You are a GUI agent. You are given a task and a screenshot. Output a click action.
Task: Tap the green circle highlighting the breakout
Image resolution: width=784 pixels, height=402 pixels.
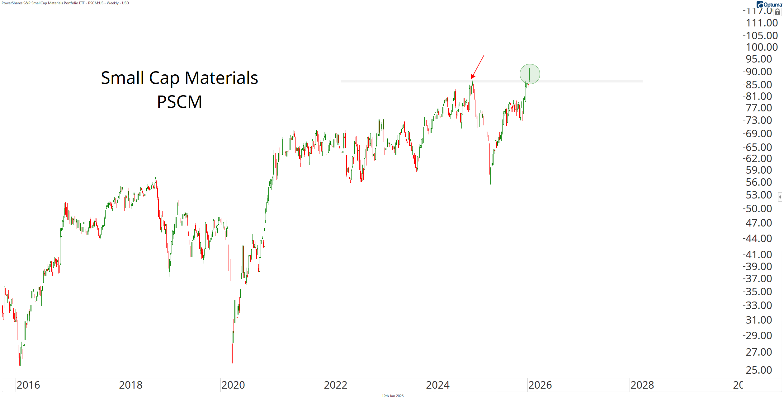click(x=530, y=74)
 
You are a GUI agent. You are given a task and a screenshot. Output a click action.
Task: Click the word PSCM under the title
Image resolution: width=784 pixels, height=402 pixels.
click(x=179, y=102)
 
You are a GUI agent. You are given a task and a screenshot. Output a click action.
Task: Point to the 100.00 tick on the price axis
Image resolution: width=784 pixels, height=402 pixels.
click(x=762, y=47)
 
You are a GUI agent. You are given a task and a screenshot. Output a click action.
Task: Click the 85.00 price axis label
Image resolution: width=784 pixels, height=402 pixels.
click(x=759, y=85)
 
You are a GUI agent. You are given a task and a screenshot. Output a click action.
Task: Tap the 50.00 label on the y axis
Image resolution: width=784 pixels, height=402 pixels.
click(x=759, y=208)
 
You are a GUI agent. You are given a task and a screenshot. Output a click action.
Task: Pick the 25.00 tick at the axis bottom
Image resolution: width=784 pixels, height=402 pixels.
click(x=759, y=370)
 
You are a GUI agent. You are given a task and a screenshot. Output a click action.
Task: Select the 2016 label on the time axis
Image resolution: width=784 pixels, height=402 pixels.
click(x=28, y=385)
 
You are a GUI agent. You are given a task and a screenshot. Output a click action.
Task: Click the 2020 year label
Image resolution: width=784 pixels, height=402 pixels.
click(x=233, y=385)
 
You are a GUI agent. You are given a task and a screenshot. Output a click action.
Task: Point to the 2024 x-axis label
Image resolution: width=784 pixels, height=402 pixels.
click(x=437, y=385)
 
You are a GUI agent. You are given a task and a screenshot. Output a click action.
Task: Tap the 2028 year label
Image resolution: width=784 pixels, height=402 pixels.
click(x=642, y=385)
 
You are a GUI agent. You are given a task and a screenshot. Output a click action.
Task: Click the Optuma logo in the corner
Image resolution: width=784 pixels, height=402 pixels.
click(x=770, y=4)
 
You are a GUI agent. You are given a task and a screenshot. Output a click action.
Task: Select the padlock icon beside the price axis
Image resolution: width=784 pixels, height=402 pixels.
click(x=777, y=12)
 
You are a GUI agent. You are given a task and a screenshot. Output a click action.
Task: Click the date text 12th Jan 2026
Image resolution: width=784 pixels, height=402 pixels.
click(x=392, y=396)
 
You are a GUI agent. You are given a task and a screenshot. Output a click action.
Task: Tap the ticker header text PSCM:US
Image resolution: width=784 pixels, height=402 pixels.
click(x=96, y=3)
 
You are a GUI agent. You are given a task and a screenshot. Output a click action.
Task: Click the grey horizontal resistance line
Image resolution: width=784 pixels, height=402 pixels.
click(x=405, y=82)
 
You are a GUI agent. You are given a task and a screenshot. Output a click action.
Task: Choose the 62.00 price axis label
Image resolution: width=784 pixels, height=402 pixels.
click(x=759, y=159)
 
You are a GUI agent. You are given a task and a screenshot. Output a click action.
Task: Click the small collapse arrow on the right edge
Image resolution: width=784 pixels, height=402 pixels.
click(x=780, y=197)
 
